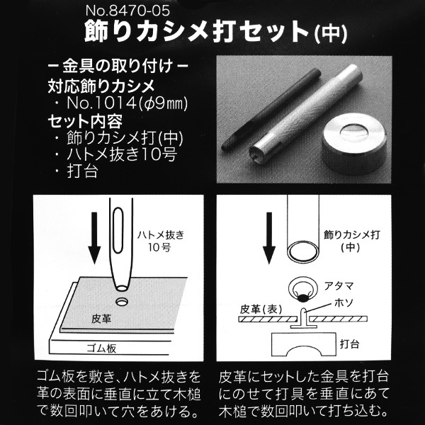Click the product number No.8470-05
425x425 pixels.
point(127,11)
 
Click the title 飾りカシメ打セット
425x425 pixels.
point(198,32)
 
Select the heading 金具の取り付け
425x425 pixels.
point(118,66)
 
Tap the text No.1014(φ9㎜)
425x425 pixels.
point(127,103)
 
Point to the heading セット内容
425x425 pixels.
point(85,121)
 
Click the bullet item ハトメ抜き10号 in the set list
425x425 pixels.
point(122,154)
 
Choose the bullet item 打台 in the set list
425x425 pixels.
point(82,171)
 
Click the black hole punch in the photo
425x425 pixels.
point(271,109)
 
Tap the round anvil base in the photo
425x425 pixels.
point(353,144)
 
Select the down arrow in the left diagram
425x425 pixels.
point(94,238)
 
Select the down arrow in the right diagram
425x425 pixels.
point(269,238)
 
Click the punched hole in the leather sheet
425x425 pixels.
point(122,302)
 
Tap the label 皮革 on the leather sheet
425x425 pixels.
point(101,319)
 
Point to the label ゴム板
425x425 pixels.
point(102,348)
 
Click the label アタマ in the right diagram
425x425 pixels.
point(339,285)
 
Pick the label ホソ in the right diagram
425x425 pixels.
point(344,302)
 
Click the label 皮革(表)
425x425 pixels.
point(261,310)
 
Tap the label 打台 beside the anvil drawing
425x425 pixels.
point(349,344)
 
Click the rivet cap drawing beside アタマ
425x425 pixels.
point(303,289)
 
